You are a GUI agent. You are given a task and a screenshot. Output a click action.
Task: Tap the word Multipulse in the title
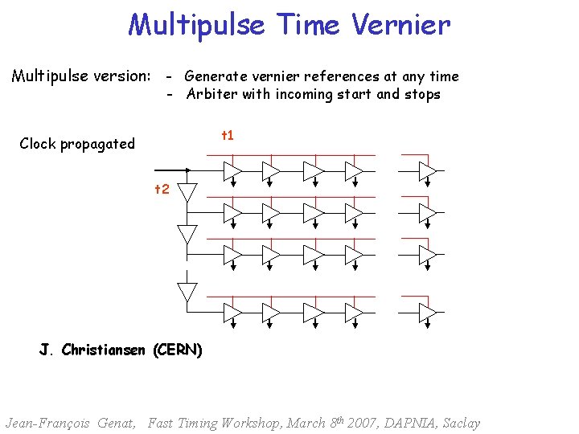[196, 25]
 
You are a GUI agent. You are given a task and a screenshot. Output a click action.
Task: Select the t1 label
[228, 135]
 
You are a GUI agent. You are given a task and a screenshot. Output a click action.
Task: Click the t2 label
[162, 190]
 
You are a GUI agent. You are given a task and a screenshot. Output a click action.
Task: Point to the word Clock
[37, 144]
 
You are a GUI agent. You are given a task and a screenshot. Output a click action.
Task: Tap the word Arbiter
[211, 94]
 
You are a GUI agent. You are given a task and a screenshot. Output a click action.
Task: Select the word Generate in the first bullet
[216, 77]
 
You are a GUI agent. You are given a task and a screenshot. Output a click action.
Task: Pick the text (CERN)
[177, 350]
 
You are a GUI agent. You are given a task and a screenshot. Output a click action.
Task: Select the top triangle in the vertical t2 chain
[187, 193]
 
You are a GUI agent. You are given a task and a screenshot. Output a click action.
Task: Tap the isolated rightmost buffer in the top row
[427, 170]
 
